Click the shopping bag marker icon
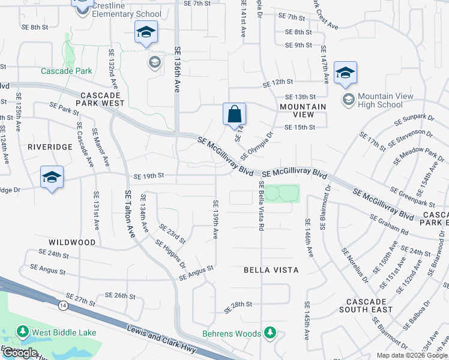(234, 113)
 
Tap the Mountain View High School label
(380, 100)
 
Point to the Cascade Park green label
(66, 71)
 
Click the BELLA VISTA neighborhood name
(271, 270)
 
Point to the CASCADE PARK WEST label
(100, 100)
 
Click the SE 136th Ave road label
(177, 70)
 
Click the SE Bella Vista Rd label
(261, 206)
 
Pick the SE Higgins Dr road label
(170, 254)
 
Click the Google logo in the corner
(20, 353)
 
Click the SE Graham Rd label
(389, 224)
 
